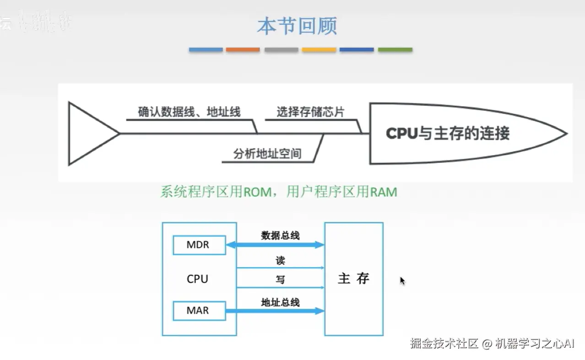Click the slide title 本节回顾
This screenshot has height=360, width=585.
(x=297, y=26)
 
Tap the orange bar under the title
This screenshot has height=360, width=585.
(x=243, y=49)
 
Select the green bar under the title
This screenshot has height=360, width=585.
(x=395, y=49)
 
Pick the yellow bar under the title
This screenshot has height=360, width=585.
(x=319, y=49)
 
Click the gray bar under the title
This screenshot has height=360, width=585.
(x=281, y=49)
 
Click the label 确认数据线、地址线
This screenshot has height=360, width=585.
(x=189, y=112)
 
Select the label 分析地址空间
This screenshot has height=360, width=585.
(x=267, y=154)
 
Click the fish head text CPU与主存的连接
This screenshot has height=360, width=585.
(x=447, y=134)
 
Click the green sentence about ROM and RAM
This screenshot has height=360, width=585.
(x=278, y=191)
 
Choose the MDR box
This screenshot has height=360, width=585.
(x=198, y=245)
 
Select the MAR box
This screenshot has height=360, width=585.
(x=198, y=311)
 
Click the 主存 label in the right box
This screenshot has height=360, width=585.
(x=353, y=279)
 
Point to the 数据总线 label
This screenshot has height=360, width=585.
(x=280, y=236)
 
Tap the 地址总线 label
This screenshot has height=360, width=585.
(x=280, y=302)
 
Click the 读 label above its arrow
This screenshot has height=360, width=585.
(x=280, y=260)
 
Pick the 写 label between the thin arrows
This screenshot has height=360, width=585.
(x=280, y=279)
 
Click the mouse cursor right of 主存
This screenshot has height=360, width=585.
(x=402, y=281)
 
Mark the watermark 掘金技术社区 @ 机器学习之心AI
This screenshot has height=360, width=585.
(x=492, y=344)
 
